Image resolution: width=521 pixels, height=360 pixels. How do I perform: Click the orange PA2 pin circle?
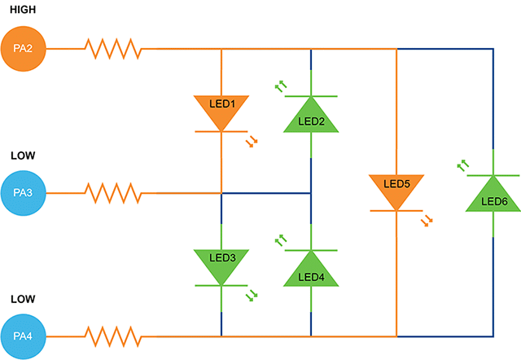coord(23,48)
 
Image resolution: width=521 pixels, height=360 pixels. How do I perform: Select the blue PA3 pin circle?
coord(23,193)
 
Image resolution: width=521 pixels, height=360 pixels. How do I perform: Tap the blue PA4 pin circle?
coord(23,336)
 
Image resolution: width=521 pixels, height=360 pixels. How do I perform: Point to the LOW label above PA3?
coord(22,155)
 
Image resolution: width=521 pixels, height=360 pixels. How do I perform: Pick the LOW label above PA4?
coord(22,298)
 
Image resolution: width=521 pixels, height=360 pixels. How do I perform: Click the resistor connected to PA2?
coord(113,49)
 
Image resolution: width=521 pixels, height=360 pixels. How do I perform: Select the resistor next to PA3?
coord(113,193)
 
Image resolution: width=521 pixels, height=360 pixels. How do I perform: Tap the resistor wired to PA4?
coord(113,336)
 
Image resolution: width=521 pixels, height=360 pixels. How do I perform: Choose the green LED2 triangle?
coord(311,116)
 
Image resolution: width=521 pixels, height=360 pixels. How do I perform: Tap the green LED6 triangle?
coord(493,195)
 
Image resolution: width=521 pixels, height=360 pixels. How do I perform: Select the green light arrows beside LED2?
coord(281,85)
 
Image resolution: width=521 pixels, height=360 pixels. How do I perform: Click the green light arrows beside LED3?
coord(252,296)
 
